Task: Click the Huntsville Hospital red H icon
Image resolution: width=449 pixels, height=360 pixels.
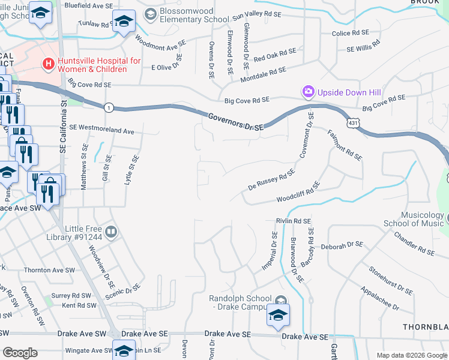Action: pyautogui.click(x=46, y=63)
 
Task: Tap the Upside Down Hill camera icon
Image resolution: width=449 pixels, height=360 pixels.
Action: pyautogui.click(x=309, y=92)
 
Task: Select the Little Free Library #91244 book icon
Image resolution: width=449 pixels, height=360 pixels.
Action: pyautogui.click(x=111, y=232)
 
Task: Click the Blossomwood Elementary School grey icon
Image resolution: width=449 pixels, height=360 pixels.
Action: pyautogui.click(x=150, y=14)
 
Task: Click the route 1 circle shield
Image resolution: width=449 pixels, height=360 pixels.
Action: pyautogui.click(x=108, y=107)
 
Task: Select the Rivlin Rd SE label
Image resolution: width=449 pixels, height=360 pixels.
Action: pyautogui.click(x=293, y=221)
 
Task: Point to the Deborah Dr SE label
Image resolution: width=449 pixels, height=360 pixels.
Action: pyautogui.click(x=342, y=245)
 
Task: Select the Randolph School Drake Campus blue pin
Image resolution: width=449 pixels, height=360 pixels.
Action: pyautogui.click(x=278, y=316)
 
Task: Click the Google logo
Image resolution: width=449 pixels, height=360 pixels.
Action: pyautogui.click(x=20, y=352)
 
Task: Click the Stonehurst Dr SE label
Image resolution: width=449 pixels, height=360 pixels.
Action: pyautogui.click(x=390, y=281)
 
